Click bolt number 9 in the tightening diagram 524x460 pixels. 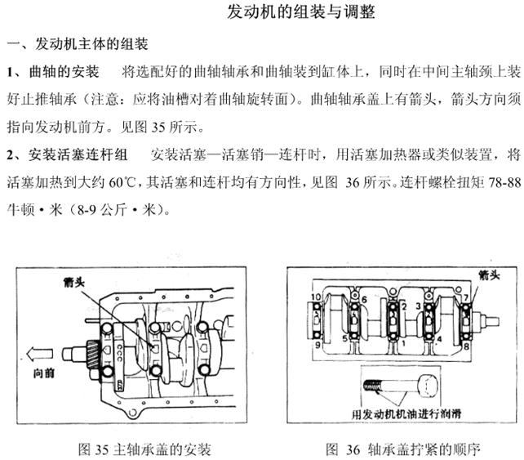pos(316,345)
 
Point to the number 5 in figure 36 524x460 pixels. pos(344,337)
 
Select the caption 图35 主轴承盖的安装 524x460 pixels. pos(144,449)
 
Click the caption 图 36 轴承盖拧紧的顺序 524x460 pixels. pos(403,449)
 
